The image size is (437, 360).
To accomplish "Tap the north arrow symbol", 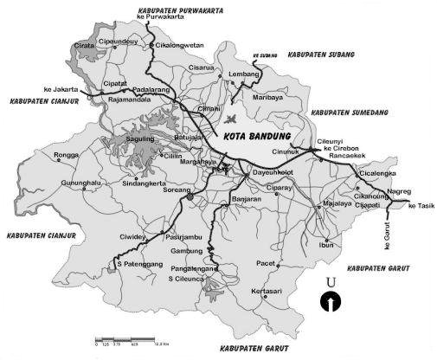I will tap(330, 302).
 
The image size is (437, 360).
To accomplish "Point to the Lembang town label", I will tap(245, 75).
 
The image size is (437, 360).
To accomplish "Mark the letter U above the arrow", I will tap(330, 282).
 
